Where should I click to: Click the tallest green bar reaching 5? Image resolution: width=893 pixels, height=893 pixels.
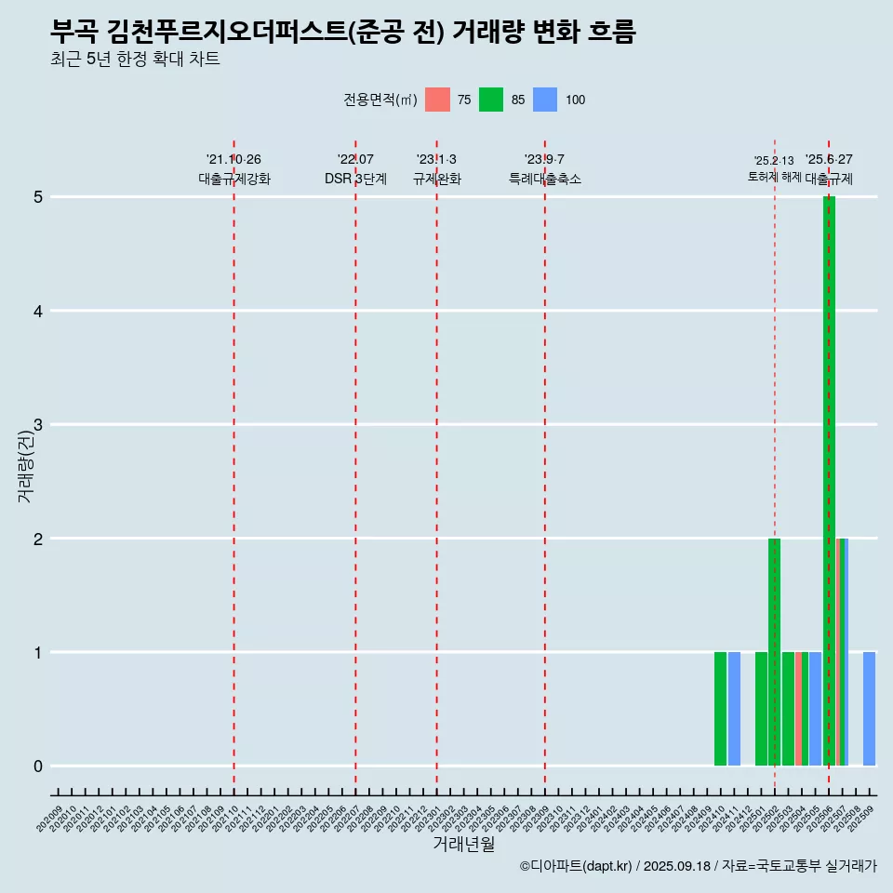829,481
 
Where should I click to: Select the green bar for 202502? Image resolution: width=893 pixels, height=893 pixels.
774,651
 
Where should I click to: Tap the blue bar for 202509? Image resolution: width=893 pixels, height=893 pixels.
869,709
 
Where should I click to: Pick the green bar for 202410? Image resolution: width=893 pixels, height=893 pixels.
720,709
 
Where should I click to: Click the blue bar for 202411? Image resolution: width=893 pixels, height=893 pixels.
734,709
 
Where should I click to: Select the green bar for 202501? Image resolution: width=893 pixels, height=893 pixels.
761,709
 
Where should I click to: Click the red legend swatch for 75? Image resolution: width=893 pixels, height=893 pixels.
437,100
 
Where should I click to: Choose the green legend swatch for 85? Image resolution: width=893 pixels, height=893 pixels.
491,100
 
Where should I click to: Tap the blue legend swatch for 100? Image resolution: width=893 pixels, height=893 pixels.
545,100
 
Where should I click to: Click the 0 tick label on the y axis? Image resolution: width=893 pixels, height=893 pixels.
39,766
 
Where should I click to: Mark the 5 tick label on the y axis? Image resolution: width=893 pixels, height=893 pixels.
39,197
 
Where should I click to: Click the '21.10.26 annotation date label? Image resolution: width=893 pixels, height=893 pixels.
233,160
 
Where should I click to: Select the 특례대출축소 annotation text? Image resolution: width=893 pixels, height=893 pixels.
545,180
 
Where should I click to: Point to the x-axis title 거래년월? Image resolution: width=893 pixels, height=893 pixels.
463,844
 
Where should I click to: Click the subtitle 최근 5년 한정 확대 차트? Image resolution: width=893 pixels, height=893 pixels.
136,60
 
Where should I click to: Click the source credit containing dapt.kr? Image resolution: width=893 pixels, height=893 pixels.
698,866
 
